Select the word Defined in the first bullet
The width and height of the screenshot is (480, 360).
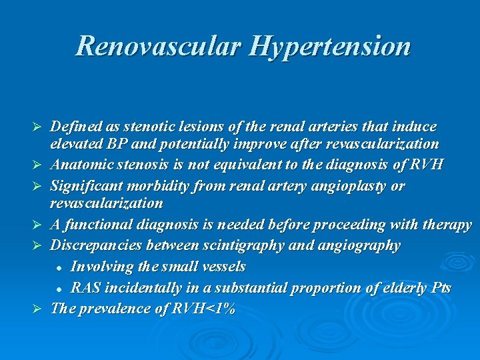point(75,126)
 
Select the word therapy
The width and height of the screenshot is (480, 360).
point(447,225)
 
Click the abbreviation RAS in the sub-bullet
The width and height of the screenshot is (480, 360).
point(85,287)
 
